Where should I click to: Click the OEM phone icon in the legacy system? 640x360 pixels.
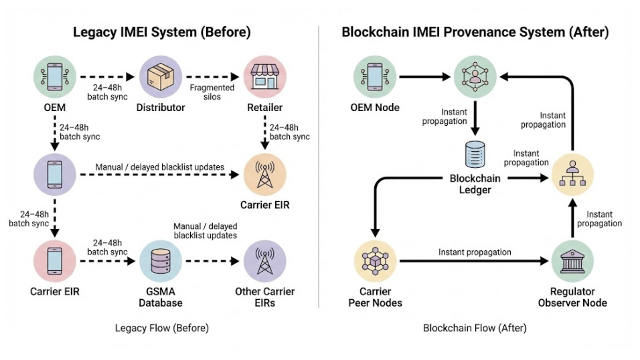54,77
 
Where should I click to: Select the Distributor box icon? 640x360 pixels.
160,77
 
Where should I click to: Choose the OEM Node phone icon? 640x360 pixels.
374,77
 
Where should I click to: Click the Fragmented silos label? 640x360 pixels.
212,92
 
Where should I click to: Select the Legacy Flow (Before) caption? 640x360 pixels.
161,328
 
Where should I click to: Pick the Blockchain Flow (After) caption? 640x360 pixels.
475,328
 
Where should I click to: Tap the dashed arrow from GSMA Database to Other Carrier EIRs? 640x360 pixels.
212,260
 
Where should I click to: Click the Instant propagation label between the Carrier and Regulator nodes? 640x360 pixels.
475,252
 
